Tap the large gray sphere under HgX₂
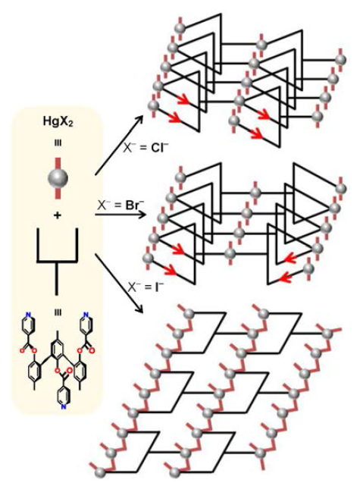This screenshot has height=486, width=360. coord(58,178)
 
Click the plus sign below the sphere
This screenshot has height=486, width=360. coord(58,215)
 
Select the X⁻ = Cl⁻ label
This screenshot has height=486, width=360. coord(146,148)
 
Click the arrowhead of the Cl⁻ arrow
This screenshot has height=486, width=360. coord(139,120)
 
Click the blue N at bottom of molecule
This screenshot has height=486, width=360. coord(63,406)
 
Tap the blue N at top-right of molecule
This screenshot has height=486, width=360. coord(86,315)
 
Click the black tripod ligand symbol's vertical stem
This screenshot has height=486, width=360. coord(57,278)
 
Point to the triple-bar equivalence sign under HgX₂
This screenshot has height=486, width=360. coord(58,143)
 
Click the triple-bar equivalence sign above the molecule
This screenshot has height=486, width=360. coord(58,312)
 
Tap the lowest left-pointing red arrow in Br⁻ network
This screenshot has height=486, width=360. coord(286,278)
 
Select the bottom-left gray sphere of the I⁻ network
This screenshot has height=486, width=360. coord(100,473)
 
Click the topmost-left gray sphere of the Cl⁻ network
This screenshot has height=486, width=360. coord(180,28)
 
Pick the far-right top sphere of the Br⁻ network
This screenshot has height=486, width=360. coord(341,188)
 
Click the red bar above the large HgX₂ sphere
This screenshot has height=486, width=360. coord(58,163)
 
